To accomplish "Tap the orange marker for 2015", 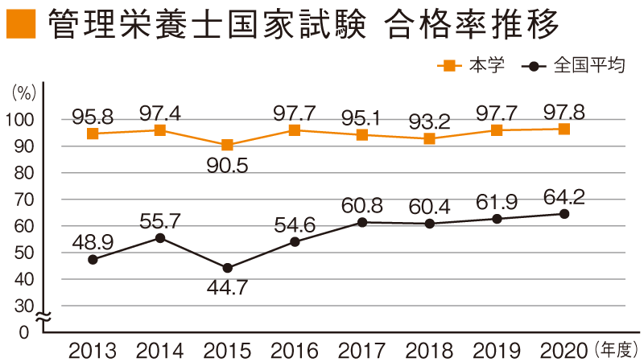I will pyautogui.click(x=228, y=146).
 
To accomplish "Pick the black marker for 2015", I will pyautogui.click(x=228, y=268).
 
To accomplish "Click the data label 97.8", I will pyautogui.click(x=563, y=111).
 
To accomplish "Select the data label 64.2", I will pyautogui.click(x=563, y=195).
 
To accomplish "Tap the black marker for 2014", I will pyautogui.click(x=160, y=238).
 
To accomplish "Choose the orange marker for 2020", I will pyautogui.click(x=564, y=129).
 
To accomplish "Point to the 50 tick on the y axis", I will pyautogui.click(x=28, y=253).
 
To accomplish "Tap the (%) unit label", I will pyautogui.click(x=25, y=93).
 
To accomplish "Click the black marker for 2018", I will pyautogui.click(x=430, y=224).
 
